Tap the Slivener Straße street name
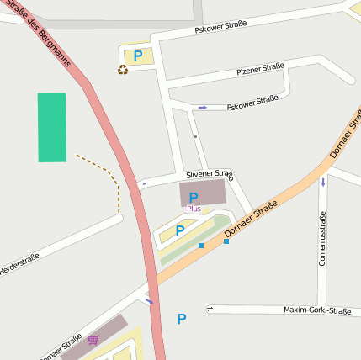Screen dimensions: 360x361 point(209,174)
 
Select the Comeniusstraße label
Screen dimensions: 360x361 point(322,238)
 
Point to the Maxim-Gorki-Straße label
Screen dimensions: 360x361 point(316,310)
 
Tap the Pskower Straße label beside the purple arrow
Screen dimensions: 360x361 point(252,101)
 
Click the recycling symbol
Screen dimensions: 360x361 point(122,70)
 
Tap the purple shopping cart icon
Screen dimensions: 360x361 point(93,340)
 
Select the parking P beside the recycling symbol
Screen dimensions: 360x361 point(138,56)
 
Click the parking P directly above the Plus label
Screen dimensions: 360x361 point(194,197)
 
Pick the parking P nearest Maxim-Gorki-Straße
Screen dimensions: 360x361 point(181,319)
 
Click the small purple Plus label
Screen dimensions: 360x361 point(194,208)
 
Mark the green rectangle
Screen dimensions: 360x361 point(51,127)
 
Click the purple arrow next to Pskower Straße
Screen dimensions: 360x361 point(202,107)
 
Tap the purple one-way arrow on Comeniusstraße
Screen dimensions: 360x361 point(323,181)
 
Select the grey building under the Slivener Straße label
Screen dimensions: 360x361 point(203,193)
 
